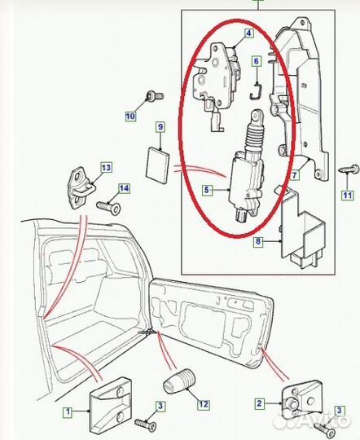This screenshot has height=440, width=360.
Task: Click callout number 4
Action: pyautogui.click(x=248, y=35)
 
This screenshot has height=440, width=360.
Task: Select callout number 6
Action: pyautogui.click(x=256, y=61)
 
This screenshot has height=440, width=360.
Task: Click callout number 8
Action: pyautogui.click(x=258, y=241)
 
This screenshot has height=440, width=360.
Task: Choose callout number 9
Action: pyautogui.click(x=160, y=127)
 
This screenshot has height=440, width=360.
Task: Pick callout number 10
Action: pyautogui.click(x=130, y=117)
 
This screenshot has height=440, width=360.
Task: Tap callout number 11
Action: pyautogui.click(x=348, y=196)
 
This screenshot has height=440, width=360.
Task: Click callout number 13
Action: pyautogui.click(x=105, y=168)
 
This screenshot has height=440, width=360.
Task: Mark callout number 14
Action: pyautogui.click(x=124, y=189)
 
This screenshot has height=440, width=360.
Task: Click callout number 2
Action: pyautogui.click(x=258, y=403)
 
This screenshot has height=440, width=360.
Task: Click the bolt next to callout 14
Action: pyautogui.click(x=108, y=208)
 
